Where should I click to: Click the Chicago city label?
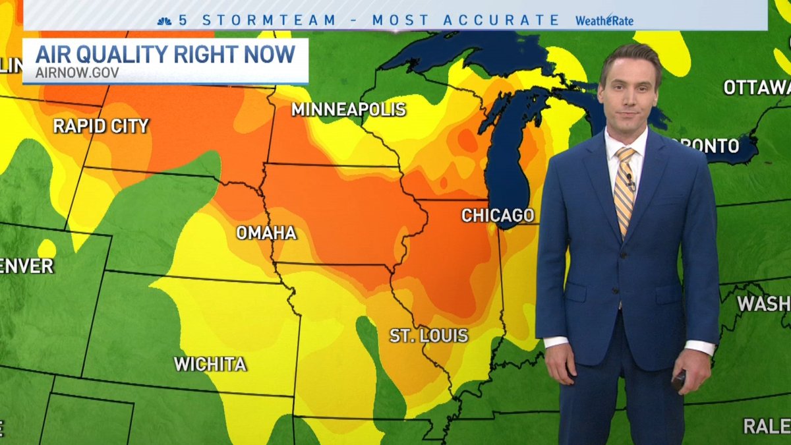tap(497, 216)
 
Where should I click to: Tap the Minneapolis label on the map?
tap(349, 109)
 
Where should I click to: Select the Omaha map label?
tap(266, 233)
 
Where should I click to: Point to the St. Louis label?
tap(428, 335)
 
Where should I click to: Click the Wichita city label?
tap(210, 364)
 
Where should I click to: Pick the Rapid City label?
tap(101, 126)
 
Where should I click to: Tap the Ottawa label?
tap(756, 88)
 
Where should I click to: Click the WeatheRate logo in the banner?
tap(604, 20)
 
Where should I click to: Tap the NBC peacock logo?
tap(165, 20)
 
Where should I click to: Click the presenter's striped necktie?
tap(624, 188)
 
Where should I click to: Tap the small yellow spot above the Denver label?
tap(46, 249)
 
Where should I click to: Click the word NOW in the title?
tap(269, 54)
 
